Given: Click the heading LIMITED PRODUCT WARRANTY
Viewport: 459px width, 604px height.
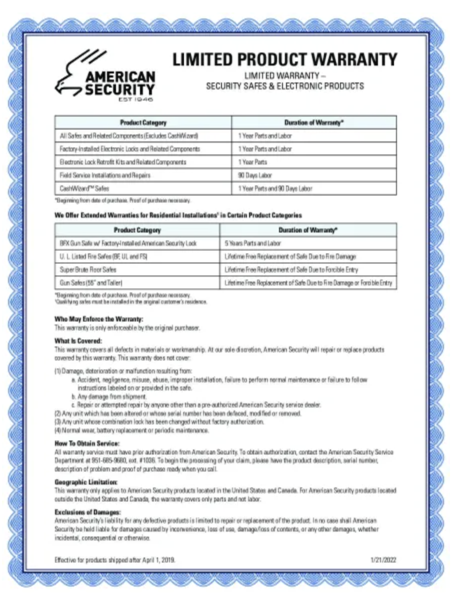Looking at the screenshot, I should pos(285,59).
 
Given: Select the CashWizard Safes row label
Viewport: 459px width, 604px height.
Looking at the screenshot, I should pos(83,188).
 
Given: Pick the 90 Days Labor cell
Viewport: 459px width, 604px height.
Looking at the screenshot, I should pos(255,175).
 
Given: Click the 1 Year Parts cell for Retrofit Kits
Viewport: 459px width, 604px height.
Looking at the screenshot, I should pos(252,162).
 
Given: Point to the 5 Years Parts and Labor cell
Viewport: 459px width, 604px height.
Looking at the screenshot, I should pos(253,243).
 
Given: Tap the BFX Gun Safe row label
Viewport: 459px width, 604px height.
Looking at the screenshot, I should pos(128,243).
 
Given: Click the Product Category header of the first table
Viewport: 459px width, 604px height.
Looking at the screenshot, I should pos(143,122).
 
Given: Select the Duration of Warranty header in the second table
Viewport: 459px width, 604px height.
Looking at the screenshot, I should pos(308,230).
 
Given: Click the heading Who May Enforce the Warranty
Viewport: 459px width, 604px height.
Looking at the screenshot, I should pos(98,319).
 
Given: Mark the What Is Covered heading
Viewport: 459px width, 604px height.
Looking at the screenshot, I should pos(77,341).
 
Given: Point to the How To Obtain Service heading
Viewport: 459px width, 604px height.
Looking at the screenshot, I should pos(87,443).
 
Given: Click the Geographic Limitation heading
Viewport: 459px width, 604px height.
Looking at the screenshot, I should pos(86,482).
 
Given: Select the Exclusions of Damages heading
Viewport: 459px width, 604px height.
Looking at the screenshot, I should pos(87,512).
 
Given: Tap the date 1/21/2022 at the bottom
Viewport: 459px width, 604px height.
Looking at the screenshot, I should pos(383,560).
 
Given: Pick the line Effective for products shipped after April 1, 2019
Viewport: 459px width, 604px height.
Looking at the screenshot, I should pos(115,560).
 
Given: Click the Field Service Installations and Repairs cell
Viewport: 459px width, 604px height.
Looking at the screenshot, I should pos(105,175).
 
